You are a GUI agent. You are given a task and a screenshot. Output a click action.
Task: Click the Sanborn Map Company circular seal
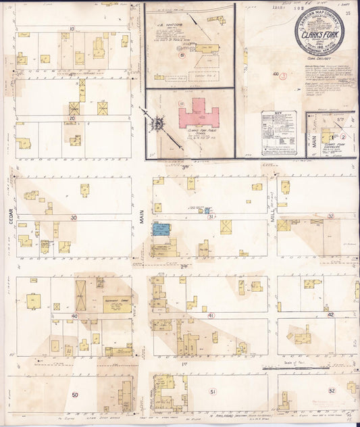tap(319, 31)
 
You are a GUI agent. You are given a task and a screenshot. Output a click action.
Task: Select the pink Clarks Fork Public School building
tap(200, 113)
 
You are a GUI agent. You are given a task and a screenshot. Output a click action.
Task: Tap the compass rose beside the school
tap(159, 125)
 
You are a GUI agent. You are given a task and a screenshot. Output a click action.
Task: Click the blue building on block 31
tap(161, 229)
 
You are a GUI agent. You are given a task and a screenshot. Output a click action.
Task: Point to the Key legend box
tap(278, 132)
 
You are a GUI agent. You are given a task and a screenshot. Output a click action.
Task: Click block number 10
tap(72, 28)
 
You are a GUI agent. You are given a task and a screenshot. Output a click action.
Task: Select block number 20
tap(72, 118)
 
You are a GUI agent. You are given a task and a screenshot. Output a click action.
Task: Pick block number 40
tap(74, 316)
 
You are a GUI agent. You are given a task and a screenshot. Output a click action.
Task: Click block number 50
tap(75, 395)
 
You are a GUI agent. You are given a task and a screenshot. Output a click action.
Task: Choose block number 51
tap(213, 392)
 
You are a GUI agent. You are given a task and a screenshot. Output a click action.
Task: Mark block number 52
tap(332, 391)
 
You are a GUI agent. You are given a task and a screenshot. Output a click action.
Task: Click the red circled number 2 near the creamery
tap(343, 136)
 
